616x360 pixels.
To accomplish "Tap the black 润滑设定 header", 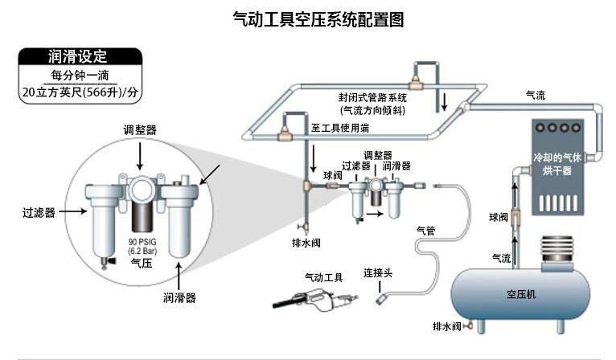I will coord(79,57).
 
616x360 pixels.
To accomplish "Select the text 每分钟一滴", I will coord(79,76).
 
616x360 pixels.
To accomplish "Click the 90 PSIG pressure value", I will coord(142,242).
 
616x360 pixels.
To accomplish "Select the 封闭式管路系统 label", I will coord(372,97).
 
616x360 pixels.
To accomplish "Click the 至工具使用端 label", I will coord(340,128).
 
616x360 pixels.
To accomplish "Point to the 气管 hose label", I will coord(425,230).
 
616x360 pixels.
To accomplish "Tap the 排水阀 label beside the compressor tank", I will coord(447,325).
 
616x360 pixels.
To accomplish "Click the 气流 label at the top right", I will coord(536,95).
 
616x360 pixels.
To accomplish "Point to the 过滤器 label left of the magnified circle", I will coord(39,213).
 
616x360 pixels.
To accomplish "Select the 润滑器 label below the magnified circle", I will coord(179,297).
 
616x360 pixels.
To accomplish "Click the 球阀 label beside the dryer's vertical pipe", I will coord(499,217).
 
